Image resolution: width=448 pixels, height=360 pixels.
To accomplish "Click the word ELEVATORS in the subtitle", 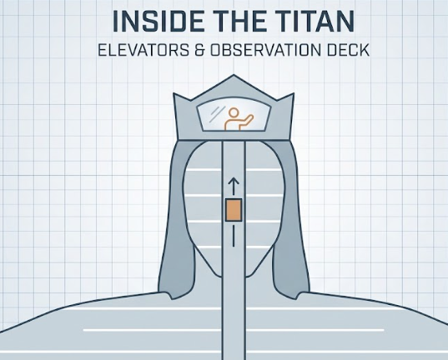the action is (143, 50).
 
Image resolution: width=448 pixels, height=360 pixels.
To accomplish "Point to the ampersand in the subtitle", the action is (200, 50).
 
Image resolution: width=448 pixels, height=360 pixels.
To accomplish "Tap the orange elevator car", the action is (234, 210).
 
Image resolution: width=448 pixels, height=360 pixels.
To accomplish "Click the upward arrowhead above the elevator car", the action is (234, 181).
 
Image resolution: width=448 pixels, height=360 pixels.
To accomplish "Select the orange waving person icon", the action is (238, 119).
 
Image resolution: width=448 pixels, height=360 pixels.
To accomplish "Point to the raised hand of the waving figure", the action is (251, 116).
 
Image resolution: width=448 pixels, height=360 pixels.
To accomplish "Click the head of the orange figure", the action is (234, 112).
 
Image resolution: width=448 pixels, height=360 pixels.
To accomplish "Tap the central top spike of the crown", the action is (234, 75).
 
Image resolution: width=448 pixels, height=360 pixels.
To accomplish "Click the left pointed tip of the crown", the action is (174, 93).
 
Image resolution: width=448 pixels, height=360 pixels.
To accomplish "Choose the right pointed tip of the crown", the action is (293, 94).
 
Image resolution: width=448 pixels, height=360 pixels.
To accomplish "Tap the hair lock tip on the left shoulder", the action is (172, 298).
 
